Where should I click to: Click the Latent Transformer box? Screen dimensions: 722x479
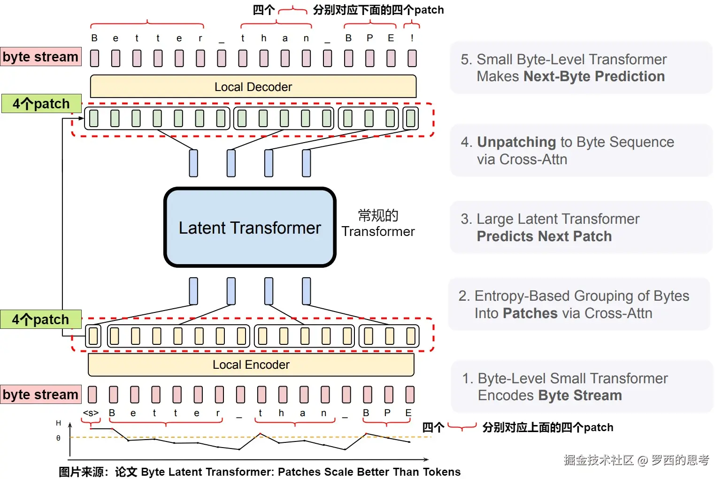click(x=250, y=228)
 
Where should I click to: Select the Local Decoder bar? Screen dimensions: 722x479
click(x=253, y=86)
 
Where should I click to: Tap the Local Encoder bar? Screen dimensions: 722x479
click(x=251, y=365)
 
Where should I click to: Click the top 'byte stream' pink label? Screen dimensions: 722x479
click(x=41, y=57)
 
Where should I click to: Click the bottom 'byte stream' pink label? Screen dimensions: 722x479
click(x=41, y=394)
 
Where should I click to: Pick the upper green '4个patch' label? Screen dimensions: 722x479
click(x=42, y=103)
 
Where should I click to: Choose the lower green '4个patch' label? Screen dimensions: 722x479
click(x=41, y=319)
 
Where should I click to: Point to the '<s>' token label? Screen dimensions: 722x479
click(x=91, y=413)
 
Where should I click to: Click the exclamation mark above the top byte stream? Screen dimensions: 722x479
click(x=412, y=38)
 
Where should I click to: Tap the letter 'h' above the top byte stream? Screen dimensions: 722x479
click(x=264, y=38)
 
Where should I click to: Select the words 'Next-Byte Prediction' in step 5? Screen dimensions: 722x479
click(x=594, y=76)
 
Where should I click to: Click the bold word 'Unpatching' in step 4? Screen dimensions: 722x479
click(x=516, y=142)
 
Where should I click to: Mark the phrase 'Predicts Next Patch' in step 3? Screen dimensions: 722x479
click(x=544, y=236)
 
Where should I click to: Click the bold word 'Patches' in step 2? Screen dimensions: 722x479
click(x=530, y=313)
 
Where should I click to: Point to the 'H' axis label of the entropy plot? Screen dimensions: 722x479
click(x=58, y=423)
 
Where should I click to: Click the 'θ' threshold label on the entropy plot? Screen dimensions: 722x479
click(x=58, y=438)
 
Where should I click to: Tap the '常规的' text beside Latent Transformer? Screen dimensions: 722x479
click(x=378, y=215)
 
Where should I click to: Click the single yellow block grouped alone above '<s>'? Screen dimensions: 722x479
click(x=93, y=336)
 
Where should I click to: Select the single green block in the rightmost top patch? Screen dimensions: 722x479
click(x=411, y=118)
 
